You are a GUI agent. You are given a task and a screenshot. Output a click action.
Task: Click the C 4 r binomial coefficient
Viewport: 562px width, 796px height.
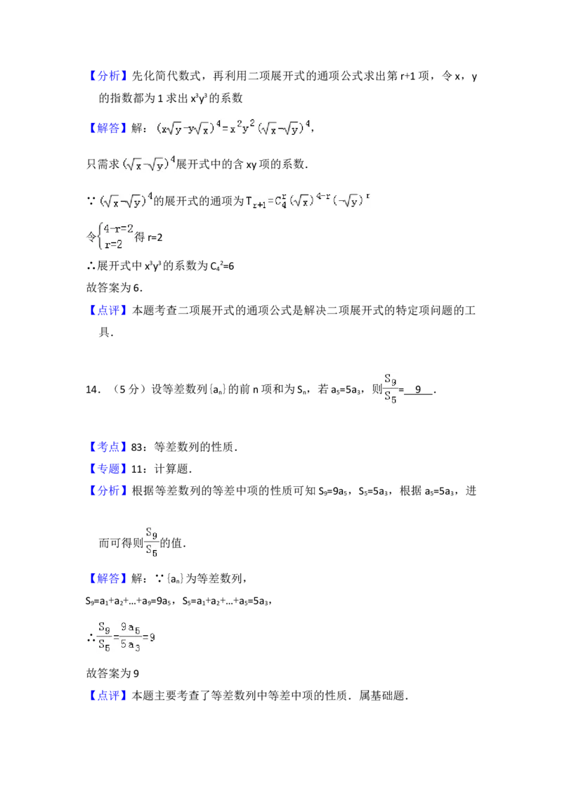point(278,201)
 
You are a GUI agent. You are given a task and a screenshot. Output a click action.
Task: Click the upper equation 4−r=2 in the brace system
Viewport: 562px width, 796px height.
point(118,228)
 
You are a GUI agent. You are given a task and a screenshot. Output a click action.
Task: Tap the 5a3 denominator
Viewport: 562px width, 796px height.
point(127,647)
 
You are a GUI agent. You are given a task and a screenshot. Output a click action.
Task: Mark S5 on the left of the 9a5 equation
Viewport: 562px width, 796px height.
point(104,647)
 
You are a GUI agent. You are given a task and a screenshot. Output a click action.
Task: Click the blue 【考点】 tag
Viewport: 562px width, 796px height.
point(109,447)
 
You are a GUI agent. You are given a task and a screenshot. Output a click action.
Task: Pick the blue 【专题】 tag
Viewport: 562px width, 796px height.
point(109,469)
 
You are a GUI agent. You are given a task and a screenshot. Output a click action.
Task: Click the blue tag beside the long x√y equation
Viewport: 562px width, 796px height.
point(109,128)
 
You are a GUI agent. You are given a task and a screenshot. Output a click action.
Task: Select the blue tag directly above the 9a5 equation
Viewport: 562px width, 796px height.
point(109,578)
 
